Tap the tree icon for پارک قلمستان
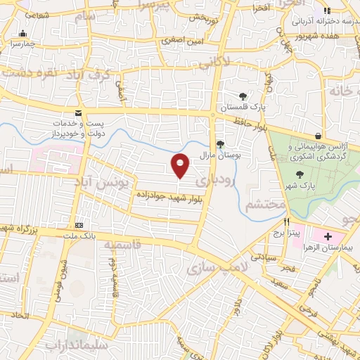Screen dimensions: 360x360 coord(243,96)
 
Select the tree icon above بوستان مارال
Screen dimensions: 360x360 coord(221,144)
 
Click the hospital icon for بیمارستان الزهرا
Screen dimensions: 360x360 coord(328,236)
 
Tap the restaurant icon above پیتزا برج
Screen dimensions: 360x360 coord(287,221)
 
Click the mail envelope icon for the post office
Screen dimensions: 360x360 coord(78,112)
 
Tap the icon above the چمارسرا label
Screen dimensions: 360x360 coord(24,33)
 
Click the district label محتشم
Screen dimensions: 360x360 coord(266,205)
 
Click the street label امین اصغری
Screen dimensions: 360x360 coord(183,40)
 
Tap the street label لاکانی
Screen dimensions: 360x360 coord(214,63)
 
